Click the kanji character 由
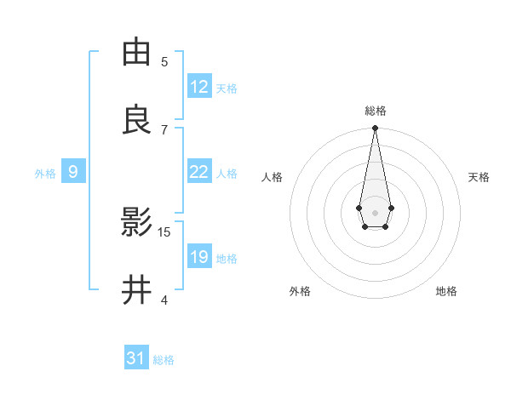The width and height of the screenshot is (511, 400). click(x=136, y=52)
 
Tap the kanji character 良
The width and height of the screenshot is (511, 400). click(x=136, y=120)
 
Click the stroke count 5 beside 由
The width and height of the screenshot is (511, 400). click(x=164, y=61)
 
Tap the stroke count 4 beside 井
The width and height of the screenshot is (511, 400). click(x=164, y=300)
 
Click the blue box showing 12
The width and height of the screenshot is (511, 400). click(x=199, y=87)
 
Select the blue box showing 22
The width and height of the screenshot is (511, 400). click(x=199, y=172)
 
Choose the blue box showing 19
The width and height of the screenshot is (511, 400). click(x=199, y=257)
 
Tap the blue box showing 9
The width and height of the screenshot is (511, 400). click(x=73, y=172)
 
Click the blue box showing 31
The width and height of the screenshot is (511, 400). click(x=136, y=358)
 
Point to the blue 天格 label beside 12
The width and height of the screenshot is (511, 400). click(x=227, y=89)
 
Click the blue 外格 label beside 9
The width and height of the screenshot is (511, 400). click(x=45, y=174)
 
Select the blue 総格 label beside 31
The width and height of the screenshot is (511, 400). click(x=164, y=360)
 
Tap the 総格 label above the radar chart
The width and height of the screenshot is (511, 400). click(x=375, y=111)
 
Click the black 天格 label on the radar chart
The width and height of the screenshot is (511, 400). click(x=479, y=177)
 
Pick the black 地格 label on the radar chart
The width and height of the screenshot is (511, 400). click(x=446, y=291)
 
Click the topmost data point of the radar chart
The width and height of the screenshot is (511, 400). click(x=375, y=128)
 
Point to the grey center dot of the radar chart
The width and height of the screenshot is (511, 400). click(x=375, y=212)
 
